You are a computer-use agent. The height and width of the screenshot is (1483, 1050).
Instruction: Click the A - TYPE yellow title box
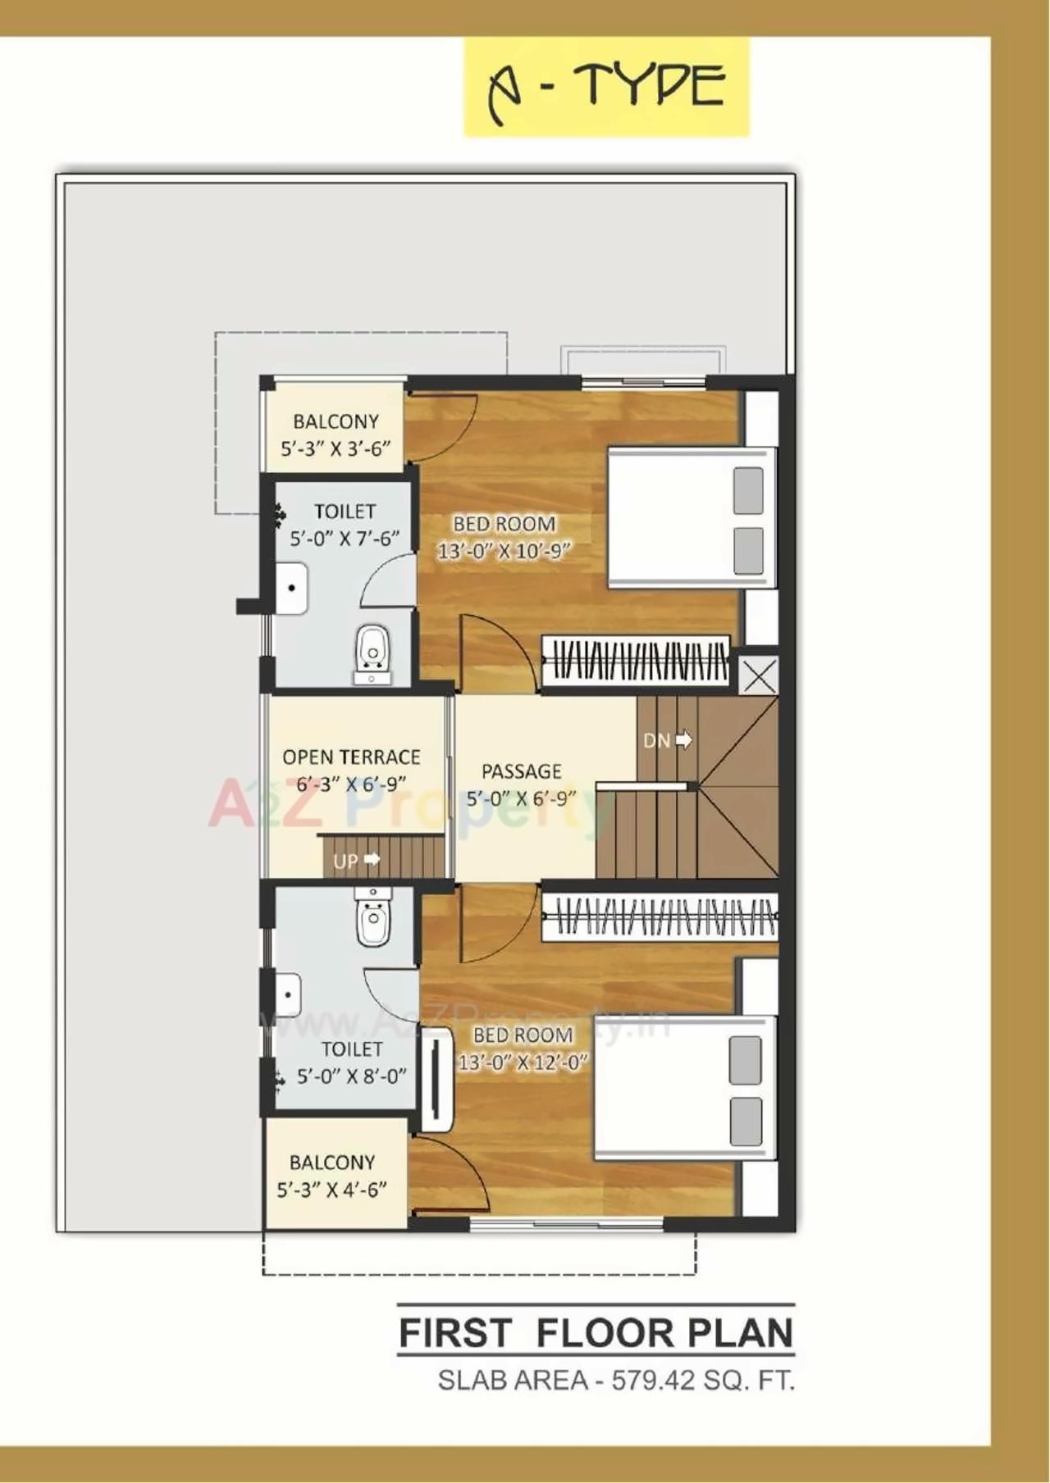pos(606,86)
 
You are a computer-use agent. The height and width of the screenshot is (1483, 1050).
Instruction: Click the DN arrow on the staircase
pos(682,740)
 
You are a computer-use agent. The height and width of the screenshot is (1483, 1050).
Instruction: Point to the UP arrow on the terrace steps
pos(371,859)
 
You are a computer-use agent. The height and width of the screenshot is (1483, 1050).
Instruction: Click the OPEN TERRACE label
pos(351,757)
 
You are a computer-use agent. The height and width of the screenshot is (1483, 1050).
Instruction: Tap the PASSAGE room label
pos(522,771)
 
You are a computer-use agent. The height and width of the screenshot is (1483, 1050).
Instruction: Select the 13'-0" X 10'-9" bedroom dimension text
pos(504,551)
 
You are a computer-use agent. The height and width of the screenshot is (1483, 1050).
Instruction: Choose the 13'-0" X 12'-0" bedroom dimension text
pos(523,1062)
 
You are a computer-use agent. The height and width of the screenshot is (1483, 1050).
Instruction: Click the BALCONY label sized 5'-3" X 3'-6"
pos(336,421)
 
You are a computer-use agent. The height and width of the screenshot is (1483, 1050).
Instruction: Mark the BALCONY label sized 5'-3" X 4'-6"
pos(332,1162)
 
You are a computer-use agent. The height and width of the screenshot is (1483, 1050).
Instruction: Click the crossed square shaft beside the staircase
pos(759,677)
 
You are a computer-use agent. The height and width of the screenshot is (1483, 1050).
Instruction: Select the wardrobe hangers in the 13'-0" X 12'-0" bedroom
pos(659,917)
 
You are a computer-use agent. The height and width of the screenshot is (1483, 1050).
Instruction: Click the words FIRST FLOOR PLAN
pos(596,1333)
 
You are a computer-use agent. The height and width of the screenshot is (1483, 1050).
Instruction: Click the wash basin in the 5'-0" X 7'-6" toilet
pos(291,588)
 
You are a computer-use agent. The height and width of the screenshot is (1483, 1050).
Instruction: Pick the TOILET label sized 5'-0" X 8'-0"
pos(351,1049)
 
